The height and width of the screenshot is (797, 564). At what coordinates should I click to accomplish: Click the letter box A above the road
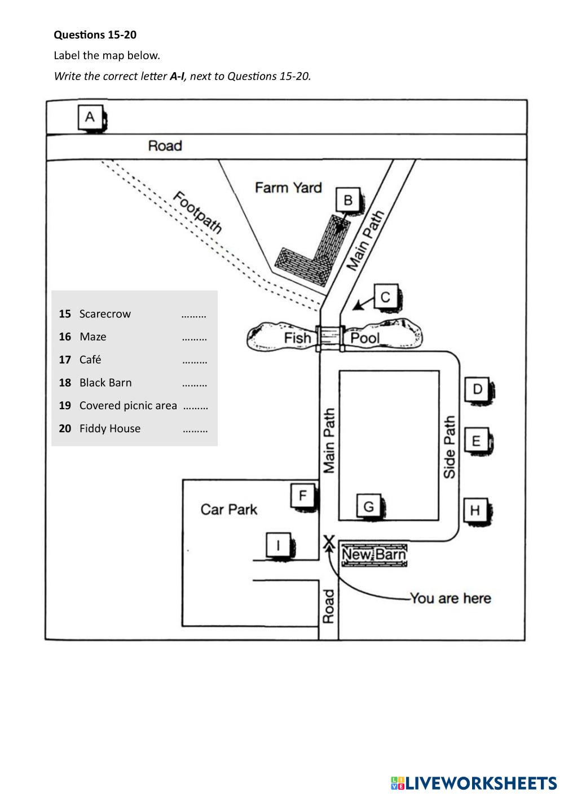point(90,117)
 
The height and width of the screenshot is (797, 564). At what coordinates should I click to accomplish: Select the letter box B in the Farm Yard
point(348,200)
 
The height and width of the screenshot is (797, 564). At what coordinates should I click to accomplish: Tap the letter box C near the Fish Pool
point(386,296)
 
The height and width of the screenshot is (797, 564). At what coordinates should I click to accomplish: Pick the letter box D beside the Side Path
point(477,388)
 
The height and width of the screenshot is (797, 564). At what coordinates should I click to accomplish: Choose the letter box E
point(476,440)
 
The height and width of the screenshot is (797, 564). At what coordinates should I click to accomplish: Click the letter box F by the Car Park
point(303,496)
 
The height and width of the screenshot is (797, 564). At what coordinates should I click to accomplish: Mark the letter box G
point(368,506)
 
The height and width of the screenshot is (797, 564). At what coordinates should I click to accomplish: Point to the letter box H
point(475,510)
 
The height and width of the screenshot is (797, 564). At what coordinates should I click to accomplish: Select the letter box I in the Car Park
point(278,545)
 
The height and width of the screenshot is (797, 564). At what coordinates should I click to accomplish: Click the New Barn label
point(374,555)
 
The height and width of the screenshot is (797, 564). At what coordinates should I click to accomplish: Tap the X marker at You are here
point(328,542)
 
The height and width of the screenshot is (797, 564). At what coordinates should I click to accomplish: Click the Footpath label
point(197,212)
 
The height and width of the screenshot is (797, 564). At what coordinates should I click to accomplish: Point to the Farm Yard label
point(288,187)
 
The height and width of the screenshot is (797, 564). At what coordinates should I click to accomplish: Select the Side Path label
point(450,448)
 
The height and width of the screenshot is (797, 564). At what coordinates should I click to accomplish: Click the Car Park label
point(228,510)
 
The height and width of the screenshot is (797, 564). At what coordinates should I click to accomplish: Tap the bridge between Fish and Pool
point(330,337)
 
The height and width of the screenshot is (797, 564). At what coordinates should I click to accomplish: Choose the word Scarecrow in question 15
point(105,314)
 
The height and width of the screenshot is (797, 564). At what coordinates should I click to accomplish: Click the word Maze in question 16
point(93,337)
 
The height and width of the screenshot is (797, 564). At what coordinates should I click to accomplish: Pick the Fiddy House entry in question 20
point(110,428)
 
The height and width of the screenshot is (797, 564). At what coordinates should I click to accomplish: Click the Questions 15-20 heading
point(95,35)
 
